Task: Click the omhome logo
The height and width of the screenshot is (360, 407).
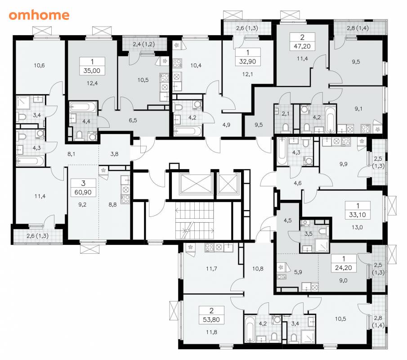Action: click(39, 15)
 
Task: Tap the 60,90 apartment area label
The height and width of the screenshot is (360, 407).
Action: click(83, 193)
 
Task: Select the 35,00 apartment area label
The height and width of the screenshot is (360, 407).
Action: click(92, 71)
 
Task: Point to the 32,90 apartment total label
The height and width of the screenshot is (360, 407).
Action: click(248, 62)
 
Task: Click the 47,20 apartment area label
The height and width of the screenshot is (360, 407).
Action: click(302, 46)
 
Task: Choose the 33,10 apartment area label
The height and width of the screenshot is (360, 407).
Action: click(358, 215)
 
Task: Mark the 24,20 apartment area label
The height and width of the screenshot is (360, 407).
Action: click(344, 268)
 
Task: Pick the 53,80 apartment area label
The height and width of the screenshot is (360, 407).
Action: click(211, 319)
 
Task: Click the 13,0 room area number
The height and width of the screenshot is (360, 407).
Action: click(357, 227)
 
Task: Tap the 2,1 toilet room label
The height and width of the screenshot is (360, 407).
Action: click(286, 114)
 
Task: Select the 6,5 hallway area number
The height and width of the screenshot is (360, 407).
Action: click(133, 120)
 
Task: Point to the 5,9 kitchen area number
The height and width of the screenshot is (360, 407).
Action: click(298, 272)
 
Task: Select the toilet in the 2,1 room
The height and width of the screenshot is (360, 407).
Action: click(286, 127)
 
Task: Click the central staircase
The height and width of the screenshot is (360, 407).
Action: click(195, 220)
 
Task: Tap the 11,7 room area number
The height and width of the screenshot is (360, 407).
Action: click(211, 269)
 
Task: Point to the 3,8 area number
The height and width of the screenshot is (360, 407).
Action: click(114, 154)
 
